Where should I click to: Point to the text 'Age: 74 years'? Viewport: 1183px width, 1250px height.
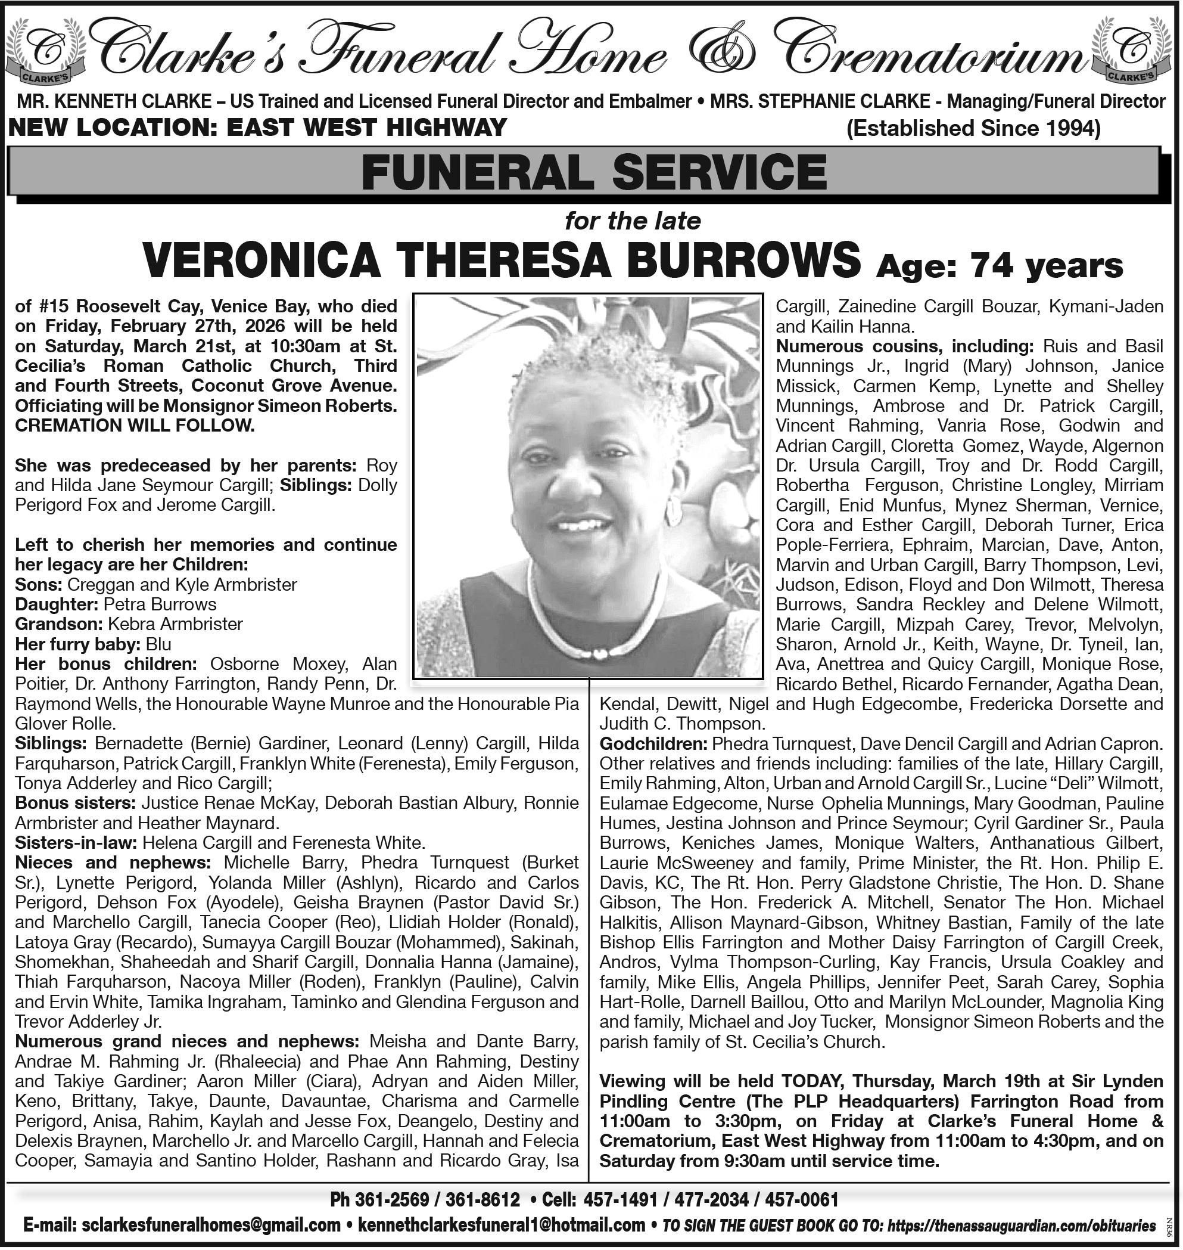coord(1000,266)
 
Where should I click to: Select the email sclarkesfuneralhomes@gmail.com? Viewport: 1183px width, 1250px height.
coord(211,1226)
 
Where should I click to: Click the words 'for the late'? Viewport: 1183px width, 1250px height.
coord(633,221)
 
